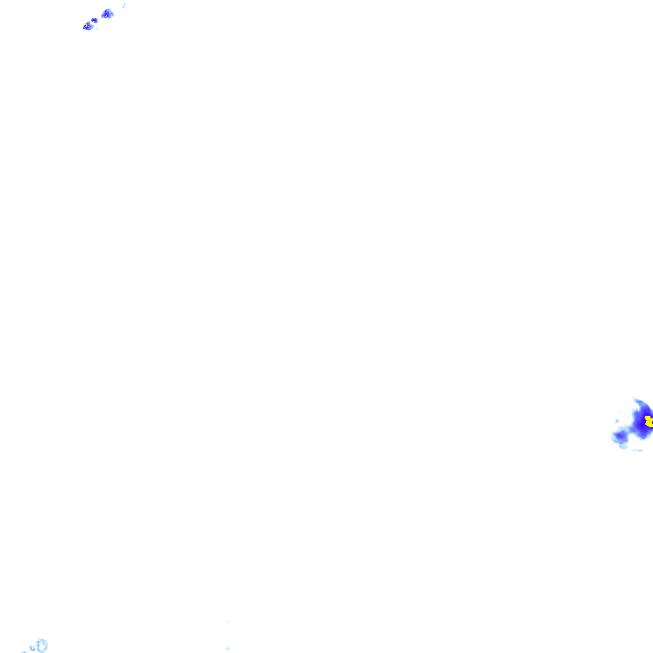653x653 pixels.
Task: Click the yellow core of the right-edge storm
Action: [x=648, y=420]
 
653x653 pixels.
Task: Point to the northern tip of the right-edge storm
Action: [x=635, y=399]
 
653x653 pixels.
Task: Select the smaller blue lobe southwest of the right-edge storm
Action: [x=619, y=436]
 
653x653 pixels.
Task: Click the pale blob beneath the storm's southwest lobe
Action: [x=623, y=446]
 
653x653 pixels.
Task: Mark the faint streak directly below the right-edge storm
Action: [x=637, y=451]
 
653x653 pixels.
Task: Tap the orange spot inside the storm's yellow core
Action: [x=649, y=422]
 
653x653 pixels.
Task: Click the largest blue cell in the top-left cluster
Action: [x=107, y=13]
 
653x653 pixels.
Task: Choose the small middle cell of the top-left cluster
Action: [x=94, y=20]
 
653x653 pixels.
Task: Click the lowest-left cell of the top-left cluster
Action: [x=87, y=26]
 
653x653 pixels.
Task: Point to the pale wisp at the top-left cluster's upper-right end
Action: [x=124, y=5]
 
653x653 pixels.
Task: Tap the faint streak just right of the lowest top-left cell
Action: [x=97, y=27]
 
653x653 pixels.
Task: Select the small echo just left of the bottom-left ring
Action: [x=32, y=648]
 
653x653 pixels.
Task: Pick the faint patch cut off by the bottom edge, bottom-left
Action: [x=24, y=652]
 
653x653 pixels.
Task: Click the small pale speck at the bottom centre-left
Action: [x=228, y=649]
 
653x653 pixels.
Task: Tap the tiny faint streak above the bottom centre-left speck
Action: [x=227, y=620]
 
